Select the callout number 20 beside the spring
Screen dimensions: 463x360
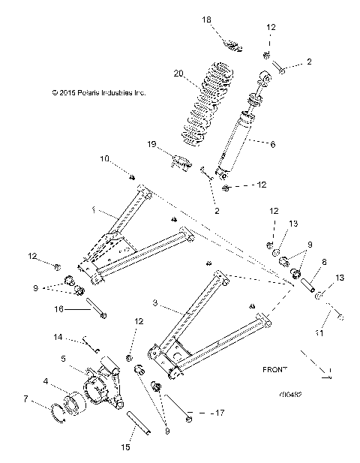click(178, 74)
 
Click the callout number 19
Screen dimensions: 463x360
click(151, 143)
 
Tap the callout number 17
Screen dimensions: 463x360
click(198, 413)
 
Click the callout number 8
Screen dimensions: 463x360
click(325, 264)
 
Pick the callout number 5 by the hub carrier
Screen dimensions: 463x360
click(64, 358)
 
